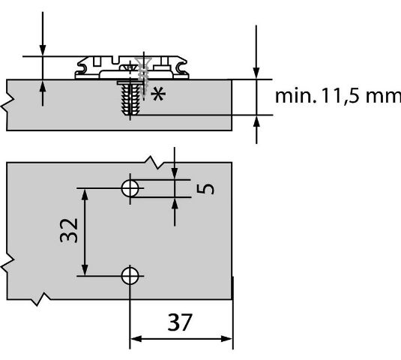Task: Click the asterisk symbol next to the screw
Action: pos(158,94)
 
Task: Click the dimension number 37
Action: pos(180,322)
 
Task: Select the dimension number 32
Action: pos(68,230)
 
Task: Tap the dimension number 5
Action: pos(205,189)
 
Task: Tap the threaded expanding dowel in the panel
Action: pos(130,98)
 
